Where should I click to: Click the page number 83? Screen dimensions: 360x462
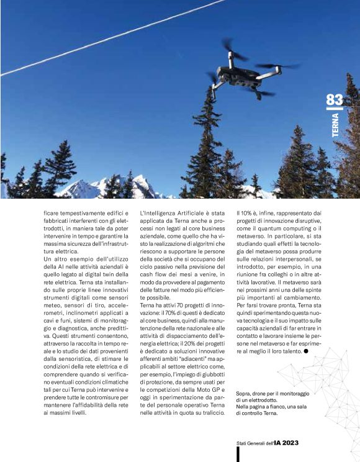334,100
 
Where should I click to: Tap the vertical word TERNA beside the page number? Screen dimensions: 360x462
335,125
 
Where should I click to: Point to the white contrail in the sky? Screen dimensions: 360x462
112,38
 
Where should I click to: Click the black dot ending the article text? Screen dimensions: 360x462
306,351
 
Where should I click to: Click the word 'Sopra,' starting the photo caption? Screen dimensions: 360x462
245,394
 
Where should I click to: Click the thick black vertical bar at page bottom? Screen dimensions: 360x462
238,454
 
